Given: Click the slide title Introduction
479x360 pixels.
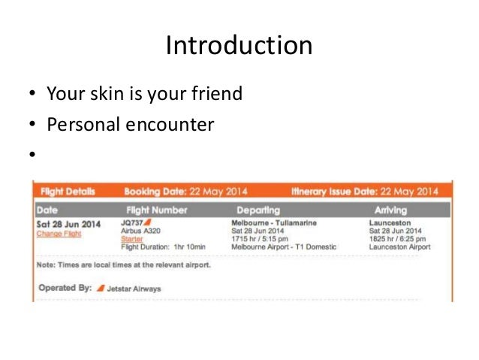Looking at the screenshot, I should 239,47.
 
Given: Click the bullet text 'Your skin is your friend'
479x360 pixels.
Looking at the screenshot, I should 145,95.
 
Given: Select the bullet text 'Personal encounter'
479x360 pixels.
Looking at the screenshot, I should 131,124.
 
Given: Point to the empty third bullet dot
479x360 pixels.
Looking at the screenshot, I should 32,156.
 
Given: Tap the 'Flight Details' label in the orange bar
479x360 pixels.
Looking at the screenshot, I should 68,192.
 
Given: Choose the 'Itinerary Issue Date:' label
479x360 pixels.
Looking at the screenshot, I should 329,192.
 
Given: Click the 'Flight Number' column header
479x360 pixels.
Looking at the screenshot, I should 157,210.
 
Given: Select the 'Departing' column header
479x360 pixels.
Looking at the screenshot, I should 258,210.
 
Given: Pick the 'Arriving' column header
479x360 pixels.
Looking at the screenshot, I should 392,210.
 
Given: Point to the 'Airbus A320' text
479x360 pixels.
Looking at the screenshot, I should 140,231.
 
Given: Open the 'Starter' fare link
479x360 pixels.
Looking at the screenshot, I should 131,239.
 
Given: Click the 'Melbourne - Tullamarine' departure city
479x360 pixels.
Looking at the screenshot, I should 274,223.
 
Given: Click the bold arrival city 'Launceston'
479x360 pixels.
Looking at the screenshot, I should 390,223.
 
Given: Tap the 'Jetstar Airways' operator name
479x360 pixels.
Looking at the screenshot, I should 133,289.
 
